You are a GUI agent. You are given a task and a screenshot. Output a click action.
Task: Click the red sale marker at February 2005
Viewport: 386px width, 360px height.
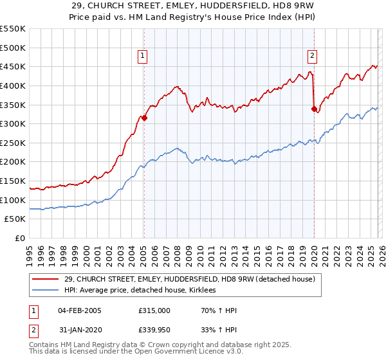pyautogui.click(x=144, y=118)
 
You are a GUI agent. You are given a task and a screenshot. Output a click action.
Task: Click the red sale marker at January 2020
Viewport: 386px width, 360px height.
pyautogui.click(x=314, y=109)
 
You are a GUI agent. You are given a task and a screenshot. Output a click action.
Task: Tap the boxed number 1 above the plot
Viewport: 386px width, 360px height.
pyautogui.click(x=142, y=56)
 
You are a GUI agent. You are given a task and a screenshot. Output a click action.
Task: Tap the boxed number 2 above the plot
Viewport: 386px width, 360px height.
pyautogui.click(x=312, y=56)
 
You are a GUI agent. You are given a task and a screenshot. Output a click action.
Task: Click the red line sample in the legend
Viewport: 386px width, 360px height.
pyautogui.click(x=46, y=279)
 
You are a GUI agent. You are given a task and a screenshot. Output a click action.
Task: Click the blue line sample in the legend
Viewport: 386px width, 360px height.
pyautogui.click(x=46, y=291)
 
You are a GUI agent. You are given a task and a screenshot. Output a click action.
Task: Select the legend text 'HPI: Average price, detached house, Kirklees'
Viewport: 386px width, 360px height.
pyautogui.click(x=140, y=291)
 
